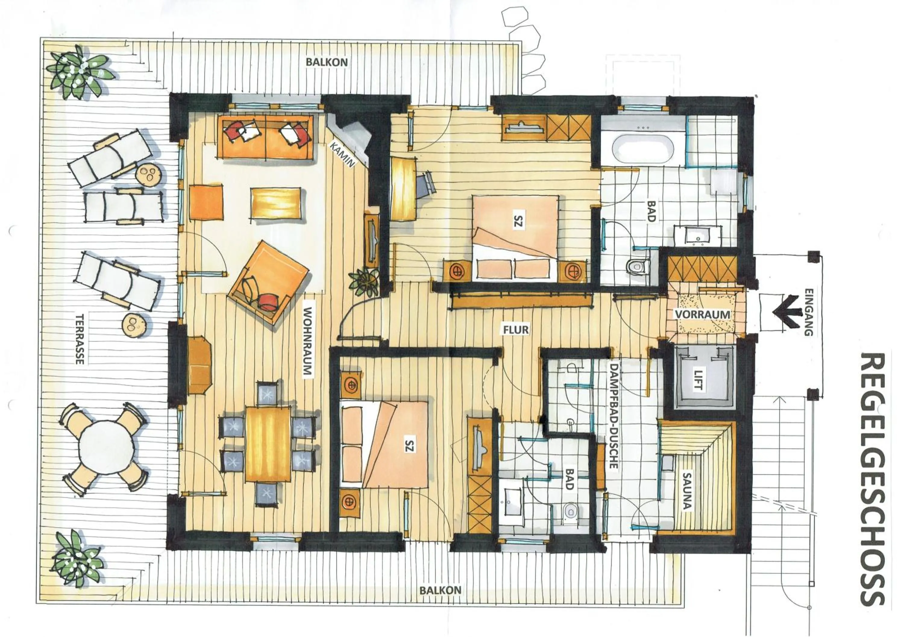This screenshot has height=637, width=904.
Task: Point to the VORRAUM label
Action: point(702,314)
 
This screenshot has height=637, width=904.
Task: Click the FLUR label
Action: point(516,329)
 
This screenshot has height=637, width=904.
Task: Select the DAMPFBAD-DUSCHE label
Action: point(612,415)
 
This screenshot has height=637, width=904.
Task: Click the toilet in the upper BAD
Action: point(634,267)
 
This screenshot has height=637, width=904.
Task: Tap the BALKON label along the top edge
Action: point(327,62)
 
